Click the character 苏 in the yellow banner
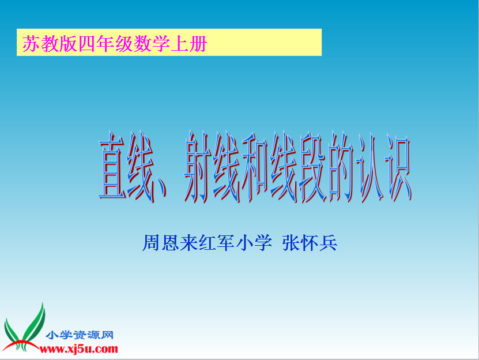[31, 43]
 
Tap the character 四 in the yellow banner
[87, 43]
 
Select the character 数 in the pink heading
[142, 43]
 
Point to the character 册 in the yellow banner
[198, 43]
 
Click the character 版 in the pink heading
[68, 43]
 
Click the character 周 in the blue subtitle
[151, 243]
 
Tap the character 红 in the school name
[207, 243]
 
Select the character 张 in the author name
[291, 243]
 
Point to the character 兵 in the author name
[328, 243]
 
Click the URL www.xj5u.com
[79, 348]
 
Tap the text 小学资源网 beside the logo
[80, 335]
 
